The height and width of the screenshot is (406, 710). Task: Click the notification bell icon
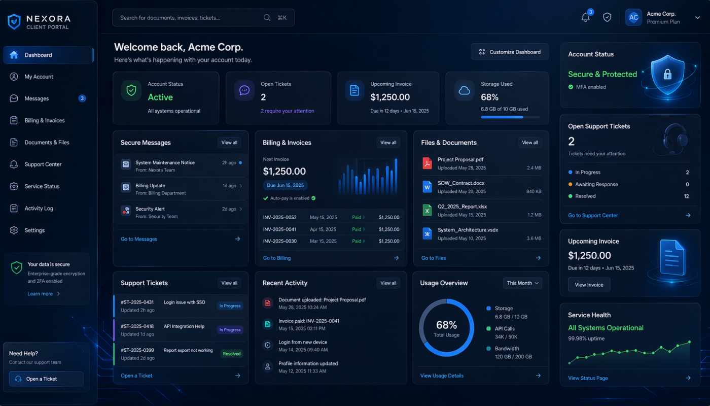[x=585, y=18]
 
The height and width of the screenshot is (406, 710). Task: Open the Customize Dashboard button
[x=510, y=52]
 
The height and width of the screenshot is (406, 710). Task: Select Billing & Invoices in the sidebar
[x=45, y=121]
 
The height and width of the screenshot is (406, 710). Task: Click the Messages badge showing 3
[x=82, y=98]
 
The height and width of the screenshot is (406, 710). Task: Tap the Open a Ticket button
[x=46, y=379]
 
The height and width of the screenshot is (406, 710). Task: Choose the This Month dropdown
[x=523, y=283]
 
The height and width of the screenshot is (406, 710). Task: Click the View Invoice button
[x=589, y=285]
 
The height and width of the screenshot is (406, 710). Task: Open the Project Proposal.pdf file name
[x=460, y=159]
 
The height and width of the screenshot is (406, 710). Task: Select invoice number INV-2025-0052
[x=279, y=217]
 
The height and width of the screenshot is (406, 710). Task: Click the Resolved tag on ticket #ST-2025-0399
[x=232, y=354]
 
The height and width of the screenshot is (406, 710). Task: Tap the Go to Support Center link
[x=593, y=215]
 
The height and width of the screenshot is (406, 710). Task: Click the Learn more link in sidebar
[x=40, y=294]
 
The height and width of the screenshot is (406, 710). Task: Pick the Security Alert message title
[x=150, y=209]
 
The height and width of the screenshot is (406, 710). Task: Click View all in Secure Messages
[x=229, y=143]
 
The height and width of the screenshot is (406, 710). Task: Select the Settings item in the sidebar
[x=34, y=230]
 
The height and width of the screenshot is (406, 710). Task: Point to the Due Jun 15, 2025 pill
[x=285, y=185]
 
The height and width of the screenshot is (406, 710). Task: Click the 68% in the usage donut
[x=446, y=325]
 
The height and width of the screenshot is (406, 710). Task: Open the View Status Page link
[x=588, y=378]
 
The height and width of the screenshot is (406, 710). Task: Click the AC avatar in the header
[x=633, y=18]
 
